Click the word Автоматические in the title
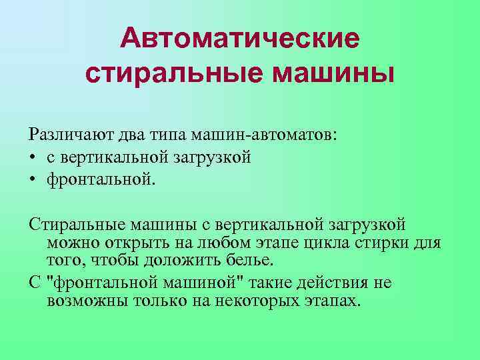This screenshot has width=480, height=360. [240, 38]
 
